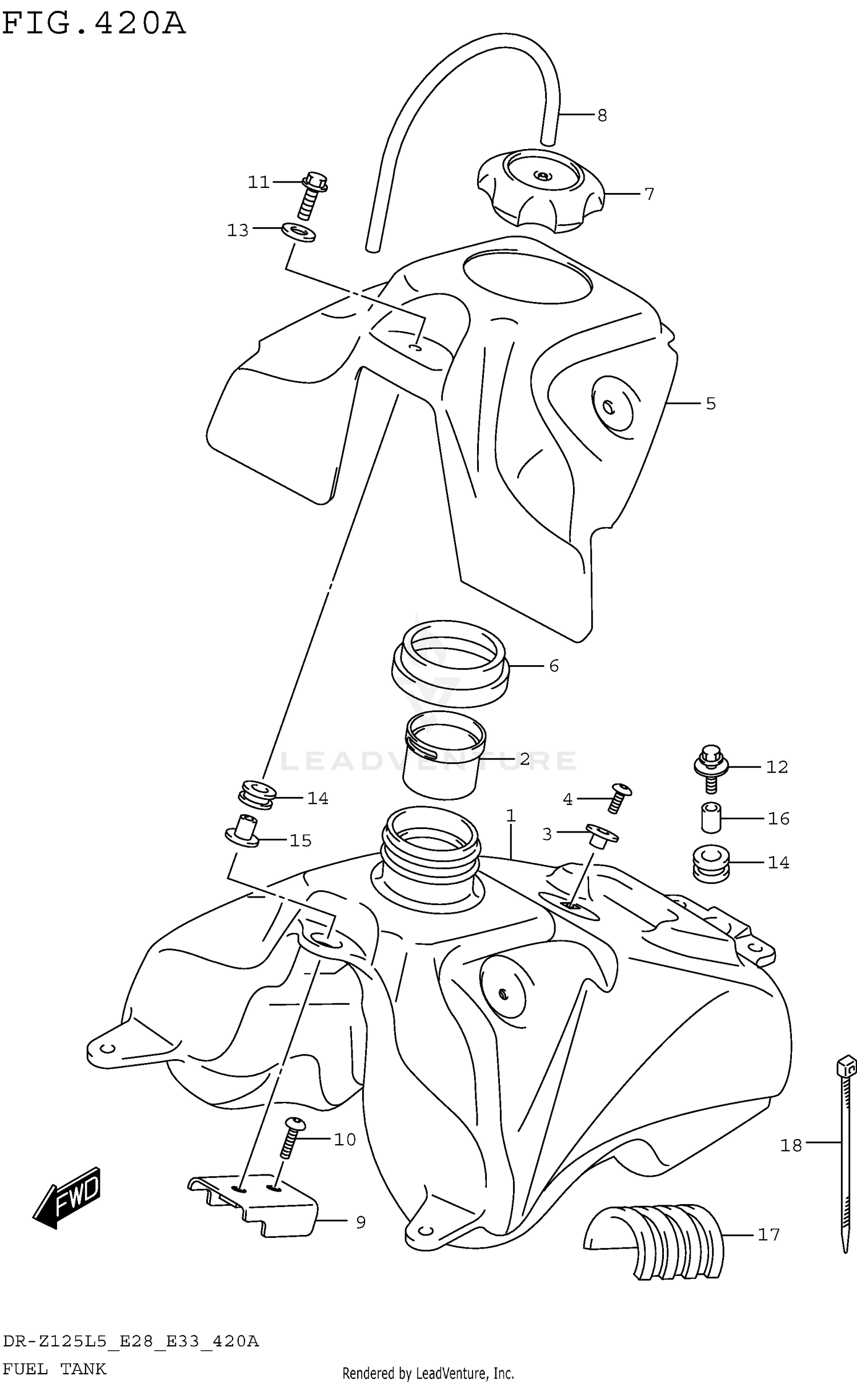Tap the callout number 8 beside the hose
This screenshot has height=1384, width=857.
pyautogui.click(x=602, y=115)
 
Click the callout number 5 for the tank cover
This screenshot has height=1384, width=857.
pyautogui.click(x=710, y=404)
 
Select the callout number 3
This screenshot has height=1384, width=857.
pyautogui.click(x=547, y=834)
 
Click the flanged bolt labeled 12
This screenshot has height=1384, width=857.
pyautogui.click(x=708, y=767)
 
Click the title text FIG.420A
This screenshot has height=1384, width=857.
pyautogui.click(x=94, y=24)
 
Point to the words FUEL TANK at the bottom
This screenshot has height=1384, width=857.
pyautogui.click(x=54, y=1369)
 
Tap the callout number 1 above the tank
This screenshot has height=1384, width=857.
pyautogui.click(x=511, y=815)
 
